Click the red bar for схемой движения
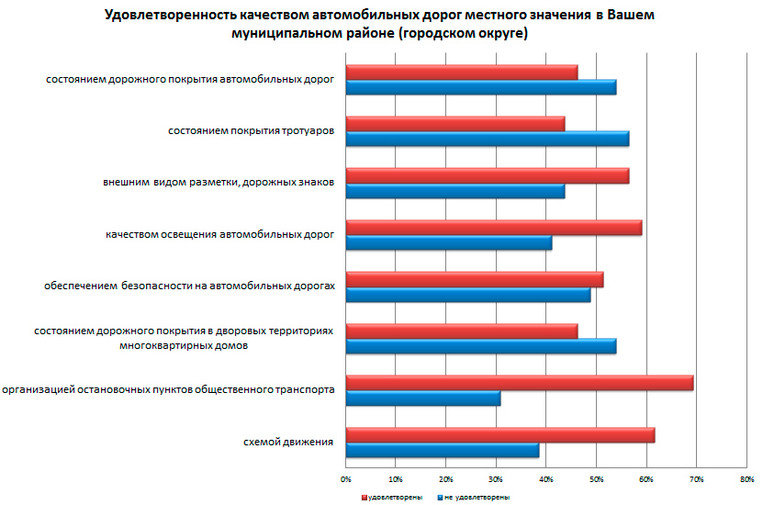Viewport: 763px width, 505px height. (500, 435)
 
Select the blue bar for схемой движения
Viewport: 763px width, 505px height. (443, 450)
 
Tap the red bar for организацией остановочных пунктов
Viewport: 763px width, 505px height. (520, 383)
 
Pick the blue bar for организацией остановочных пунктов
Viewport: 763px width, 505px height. (423, 398)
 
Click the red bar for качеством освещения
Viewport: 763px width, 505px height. (494, 228)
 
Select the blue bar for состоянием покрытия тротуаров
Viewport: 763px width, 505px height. (488, 139)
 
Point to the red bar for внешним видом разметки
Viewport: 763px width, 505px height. (488, 175)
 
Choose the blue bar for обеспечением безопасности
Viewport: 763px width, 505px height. (468, 295)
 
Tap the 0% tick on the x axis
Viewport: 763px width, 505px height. (346, 478)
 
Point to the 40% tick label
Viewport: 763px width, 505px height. (546, 478)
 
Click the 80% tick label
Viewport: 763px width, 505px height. (746, 478)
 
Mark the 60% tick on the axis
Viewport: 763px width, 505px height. (646, 478)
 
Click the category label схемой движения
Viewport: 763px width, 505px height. (287, 443)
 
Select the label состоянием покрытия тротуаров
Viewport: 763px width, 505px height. (250, 131)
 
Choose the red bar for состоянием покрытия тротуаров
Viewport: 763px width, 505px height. (455, 123)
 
